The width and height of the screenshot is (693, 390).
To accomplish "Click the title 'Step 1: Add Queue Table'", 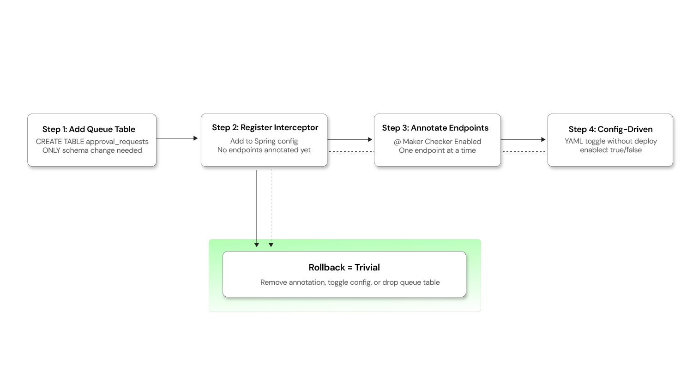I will pos(89,129).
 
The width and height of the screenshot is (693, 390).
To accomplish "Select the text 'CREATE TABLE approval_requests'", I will pos(92,142).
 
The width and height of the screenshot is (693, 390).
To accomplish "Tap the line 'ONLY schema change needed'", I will pos(92,150).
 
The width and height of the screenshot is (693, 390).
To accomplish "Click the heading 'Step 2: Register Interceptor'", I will pos(265,127).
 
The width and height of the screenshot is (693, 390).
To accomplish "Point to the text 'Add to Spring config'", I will pos(264,141).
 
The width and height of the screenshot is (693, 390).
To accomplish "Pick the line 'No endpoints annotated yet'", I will pos(264,150).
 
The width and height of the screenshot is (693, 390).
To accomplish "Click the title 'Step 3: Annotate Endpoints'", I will pos(435,128).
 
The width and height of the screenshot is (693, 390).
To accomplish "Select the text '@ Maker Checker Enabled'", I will pos(437,142).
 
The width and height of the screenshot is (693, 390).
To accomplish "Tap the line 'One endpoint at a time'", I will pos(437,150).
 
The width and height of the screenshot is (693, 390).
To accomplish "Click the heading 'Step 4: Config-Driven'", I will pos(610,129).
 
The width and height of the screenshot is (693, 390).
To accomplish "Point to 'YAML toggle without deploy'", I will pos(610,141).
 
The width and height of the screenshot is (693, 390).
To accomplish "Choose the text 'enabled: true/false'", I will pos(610,150).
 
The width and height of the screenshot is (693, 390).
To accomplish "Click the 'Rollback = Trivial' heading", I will pos(344,268).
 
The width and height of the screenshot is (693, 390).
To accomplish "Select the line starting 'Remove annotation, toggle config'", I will pos(350,282).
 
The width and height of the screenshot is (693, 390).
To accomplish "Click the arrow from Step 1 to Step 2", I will pos(179,138).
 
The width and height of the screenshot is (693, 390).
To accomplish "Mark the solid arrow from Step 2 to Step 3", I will pos(352,139).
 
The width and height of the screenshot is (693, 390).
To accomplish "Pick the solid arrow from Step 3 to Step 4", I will pos(525,139).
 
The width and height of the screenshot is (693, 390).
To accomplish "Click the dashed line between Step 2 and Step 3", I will pos(352,151).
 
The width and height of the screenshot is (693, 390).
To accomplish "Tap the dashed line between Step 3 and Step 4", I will pos(525,151).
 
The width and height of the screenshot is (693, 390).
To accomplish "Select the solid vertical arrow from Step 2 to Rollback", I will pos(257,208).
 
